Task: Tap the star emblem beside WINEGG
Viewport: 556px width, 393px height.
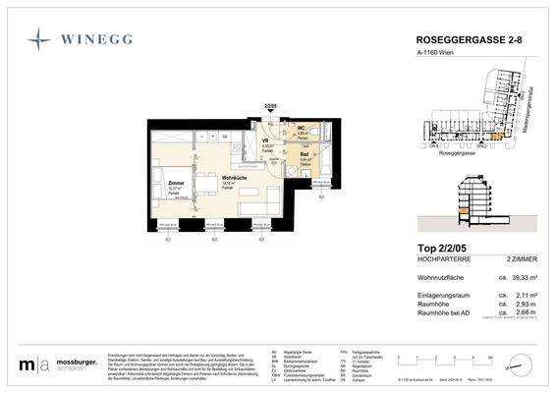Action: pyautogui.click(x=38, y=40)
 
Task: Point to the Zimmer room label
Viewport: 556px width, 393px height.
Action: pyautogui.click(x=176, y=184)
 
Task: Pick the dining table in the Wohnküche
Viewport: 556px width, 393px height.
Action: pyautogui.click(x=209, y=186)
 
